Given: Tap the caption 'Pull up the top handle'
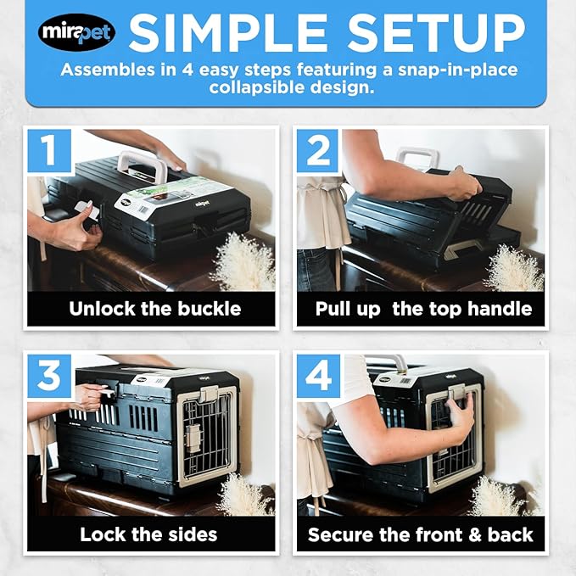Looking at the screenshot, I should coord(423,308).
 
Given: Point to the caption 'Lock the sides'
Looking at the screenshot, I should coord(148,534).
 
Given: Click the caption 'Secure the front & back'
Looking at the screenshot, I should coord(421,534).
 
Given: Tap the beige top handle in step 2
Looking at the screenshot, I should coord(419,158).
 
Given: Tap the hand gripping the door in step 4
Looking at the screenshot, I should coord(459,417).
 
